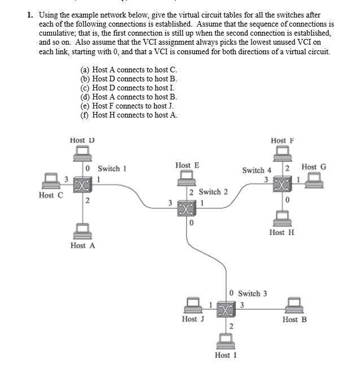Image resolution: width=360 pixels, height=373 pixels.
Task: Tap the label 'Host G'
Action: tap(314, 167)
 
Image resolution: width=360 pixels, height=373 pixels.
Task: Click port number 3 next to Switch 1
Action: tap(66, 180)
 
